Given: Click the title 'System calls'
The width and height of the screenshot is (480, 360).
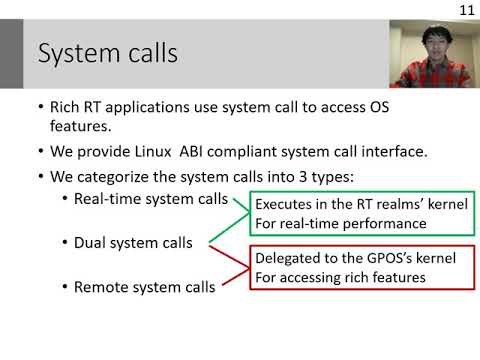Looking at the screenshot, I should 107,53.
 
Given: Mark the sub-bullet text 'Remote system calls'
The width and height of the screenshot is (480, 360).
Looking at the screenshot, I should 144,288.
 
